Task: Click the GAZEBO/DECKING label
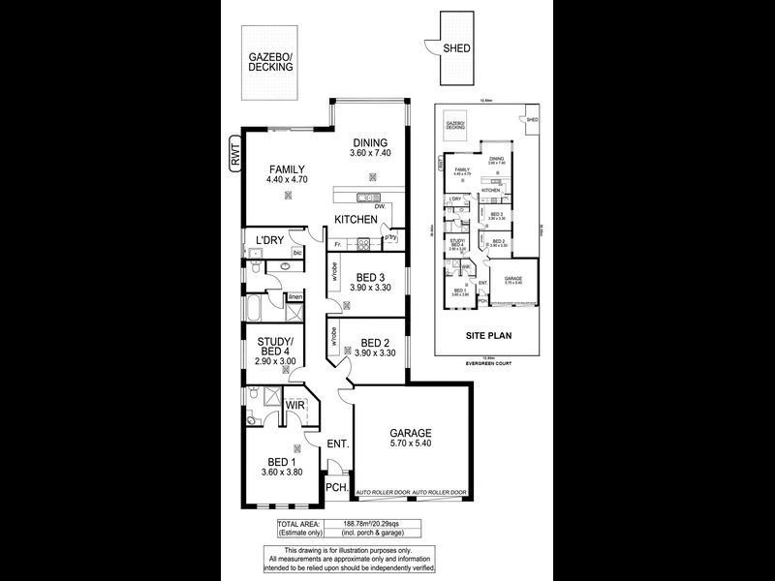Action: point(270,63)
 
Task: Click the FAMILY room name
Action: point(288,169)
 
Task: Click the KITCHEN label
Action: point(356,220)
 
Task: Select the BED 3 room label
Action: point(370,277)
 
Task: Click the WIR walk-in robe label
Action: point(295,405)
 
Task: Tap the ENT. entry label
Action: point(338,443)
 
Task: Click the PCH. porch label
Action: point(336,488)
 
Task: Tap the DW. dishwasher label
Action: point(380,207)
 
